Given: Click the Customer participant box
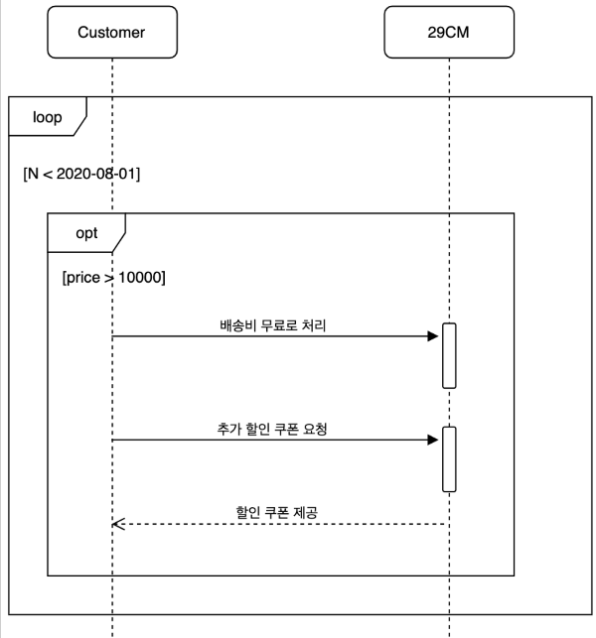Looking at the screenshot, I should [x=111, y=32].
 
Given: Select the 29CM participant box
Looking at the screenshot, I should [x=448, y=32].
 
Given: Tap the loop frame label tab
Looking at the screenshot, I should [x=46, y=117].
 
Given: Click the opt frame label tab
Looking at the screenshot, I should [x=85, y=233].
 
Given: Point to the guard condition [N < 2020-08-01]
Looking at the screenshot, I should [x=81, y=174].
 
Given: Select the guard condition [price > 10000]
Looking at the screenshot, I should [x=113, y=278].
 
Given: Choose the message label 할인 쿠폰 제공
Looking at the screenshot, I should [x=275, y=512].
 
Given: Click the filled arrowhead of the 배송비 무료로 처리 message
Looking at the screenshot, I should [x=433, y=336].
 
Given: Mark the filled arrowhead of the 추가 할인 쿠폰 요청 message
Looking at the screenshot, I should [x=433, y=440].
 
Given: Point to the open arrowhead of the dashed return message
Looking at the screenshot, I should [x=118, y=524].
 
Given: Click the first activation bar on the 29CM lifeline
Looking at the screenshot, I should [x=449, y=355].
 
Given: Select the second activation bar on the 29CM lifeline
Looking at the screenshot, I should [x=449, y=458].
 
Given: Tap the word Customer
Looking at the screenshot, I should [x=111, y=32].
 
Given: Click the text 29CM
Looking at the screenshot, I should [x=448, y=32].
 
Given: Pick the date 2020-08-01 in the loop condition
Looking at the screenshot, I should [x=98, y=174].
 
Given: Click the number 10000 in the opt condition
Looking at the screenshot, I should [x=141, y=278].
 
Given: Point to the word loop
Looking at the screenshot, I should [x=46, y=117].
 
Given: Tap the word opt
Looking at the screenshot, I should [x=86, y=233].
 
